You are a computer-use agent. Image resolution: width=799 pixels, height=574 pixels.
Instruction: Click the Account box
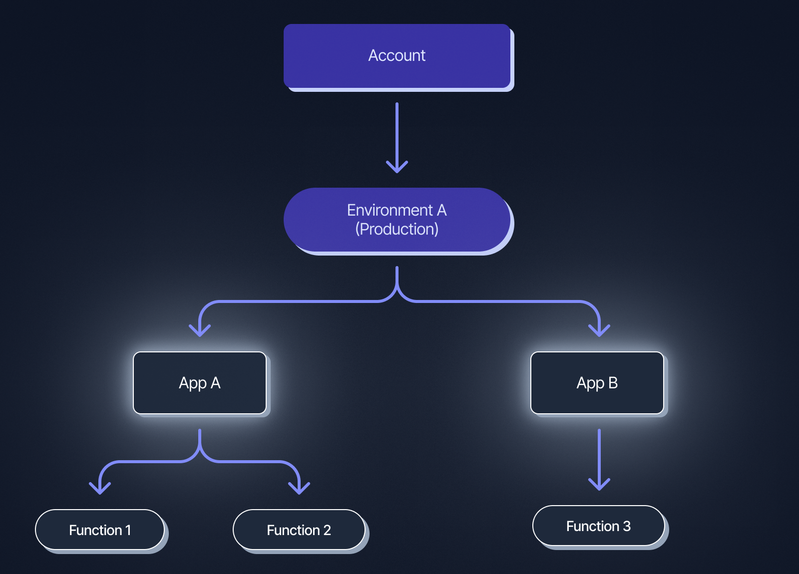click(397, 56)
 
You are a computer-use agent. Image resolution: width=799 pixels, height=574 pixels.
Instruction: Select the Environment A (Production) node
click(397, 220)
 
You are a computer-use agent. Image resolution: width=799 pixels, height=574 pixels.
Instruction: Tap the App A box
click(200, 383)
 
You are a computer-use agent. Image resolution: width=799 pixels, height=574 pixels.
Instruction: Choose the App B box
click(597, 383)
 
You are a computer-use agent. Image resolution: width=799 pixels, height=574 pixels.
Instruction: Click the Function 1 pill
click(100, 530)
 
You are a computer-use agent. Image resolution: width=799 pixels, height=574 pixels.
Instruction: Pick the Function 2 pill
click(299, 530)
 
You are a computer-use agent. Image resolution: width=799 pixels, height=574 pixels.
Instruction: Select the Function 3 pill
click(598, 526)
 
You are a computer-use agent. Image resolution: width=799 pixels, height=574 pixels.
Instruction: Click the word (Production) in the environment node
click(397, 229)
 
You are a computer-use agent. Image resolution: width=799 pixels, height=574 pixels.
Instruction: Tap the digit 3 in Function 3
click(627, 526)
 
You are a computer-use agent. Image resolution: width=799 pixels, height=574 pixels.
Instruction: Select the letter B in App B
click(613, 383)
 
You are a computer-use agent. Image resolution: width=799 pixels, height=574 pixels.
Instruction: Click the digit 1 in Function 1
click(128, 530)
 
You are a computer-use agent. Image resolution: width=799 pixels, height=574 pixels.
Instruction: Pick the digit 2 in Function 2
click(327, 530)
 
